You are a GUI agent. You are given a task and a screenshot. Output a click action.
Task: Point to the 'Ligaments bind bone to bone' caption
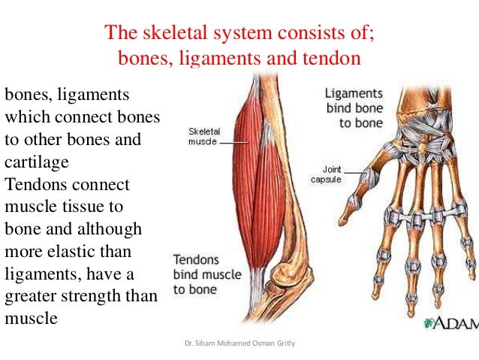pos(354,107)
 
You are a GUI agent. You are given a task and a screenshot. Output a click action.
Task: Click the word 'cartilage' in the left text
pos(37,162)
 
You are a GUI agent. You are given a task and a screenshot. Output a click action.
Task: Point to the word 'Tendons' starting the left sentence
pos(35,184)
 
